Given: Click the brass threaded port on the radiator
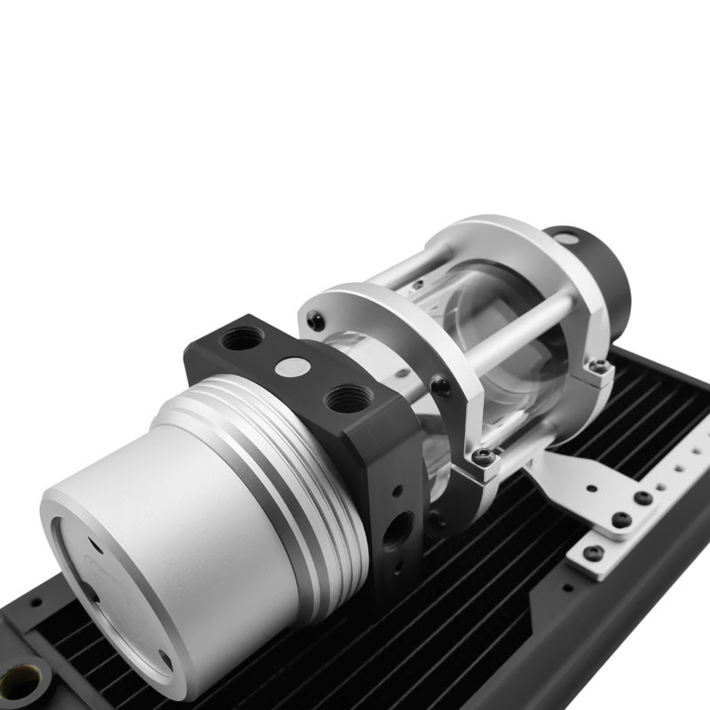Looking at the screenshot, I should pyautogui.click(x=20, y=682).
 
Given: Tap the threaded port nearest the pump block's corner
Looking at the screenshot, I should pyautogui.click(x=241, y=339).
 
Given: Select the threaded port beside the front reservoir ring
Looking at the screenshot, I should pyautogui.click(x=347, y=398).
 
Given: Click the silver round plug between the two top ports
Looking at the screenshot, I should pyautogui.click(x=293, y=366).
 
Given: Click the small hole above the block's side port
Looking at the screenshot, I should pyautogui.click(x=398, y=490).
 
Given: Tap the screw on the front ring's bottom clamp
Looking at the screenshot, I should pyautogui.click(x=484, y=457).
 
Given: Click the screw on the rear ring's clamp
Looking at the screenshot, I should pyautogui.click(x=601, y=366).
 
